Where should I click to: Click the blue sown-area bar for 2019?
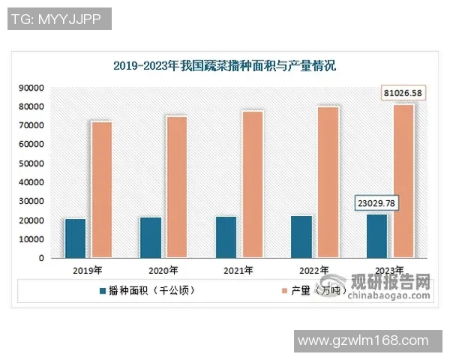tap(75, 238)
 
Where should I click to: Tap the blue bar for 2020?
tap(150, 238)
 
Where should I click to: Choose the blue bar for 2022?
tap(301, 237)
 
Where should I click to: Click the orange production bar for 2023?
tap(403, 181)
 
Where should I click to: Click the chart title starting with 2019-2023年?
tap(224, 66)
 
